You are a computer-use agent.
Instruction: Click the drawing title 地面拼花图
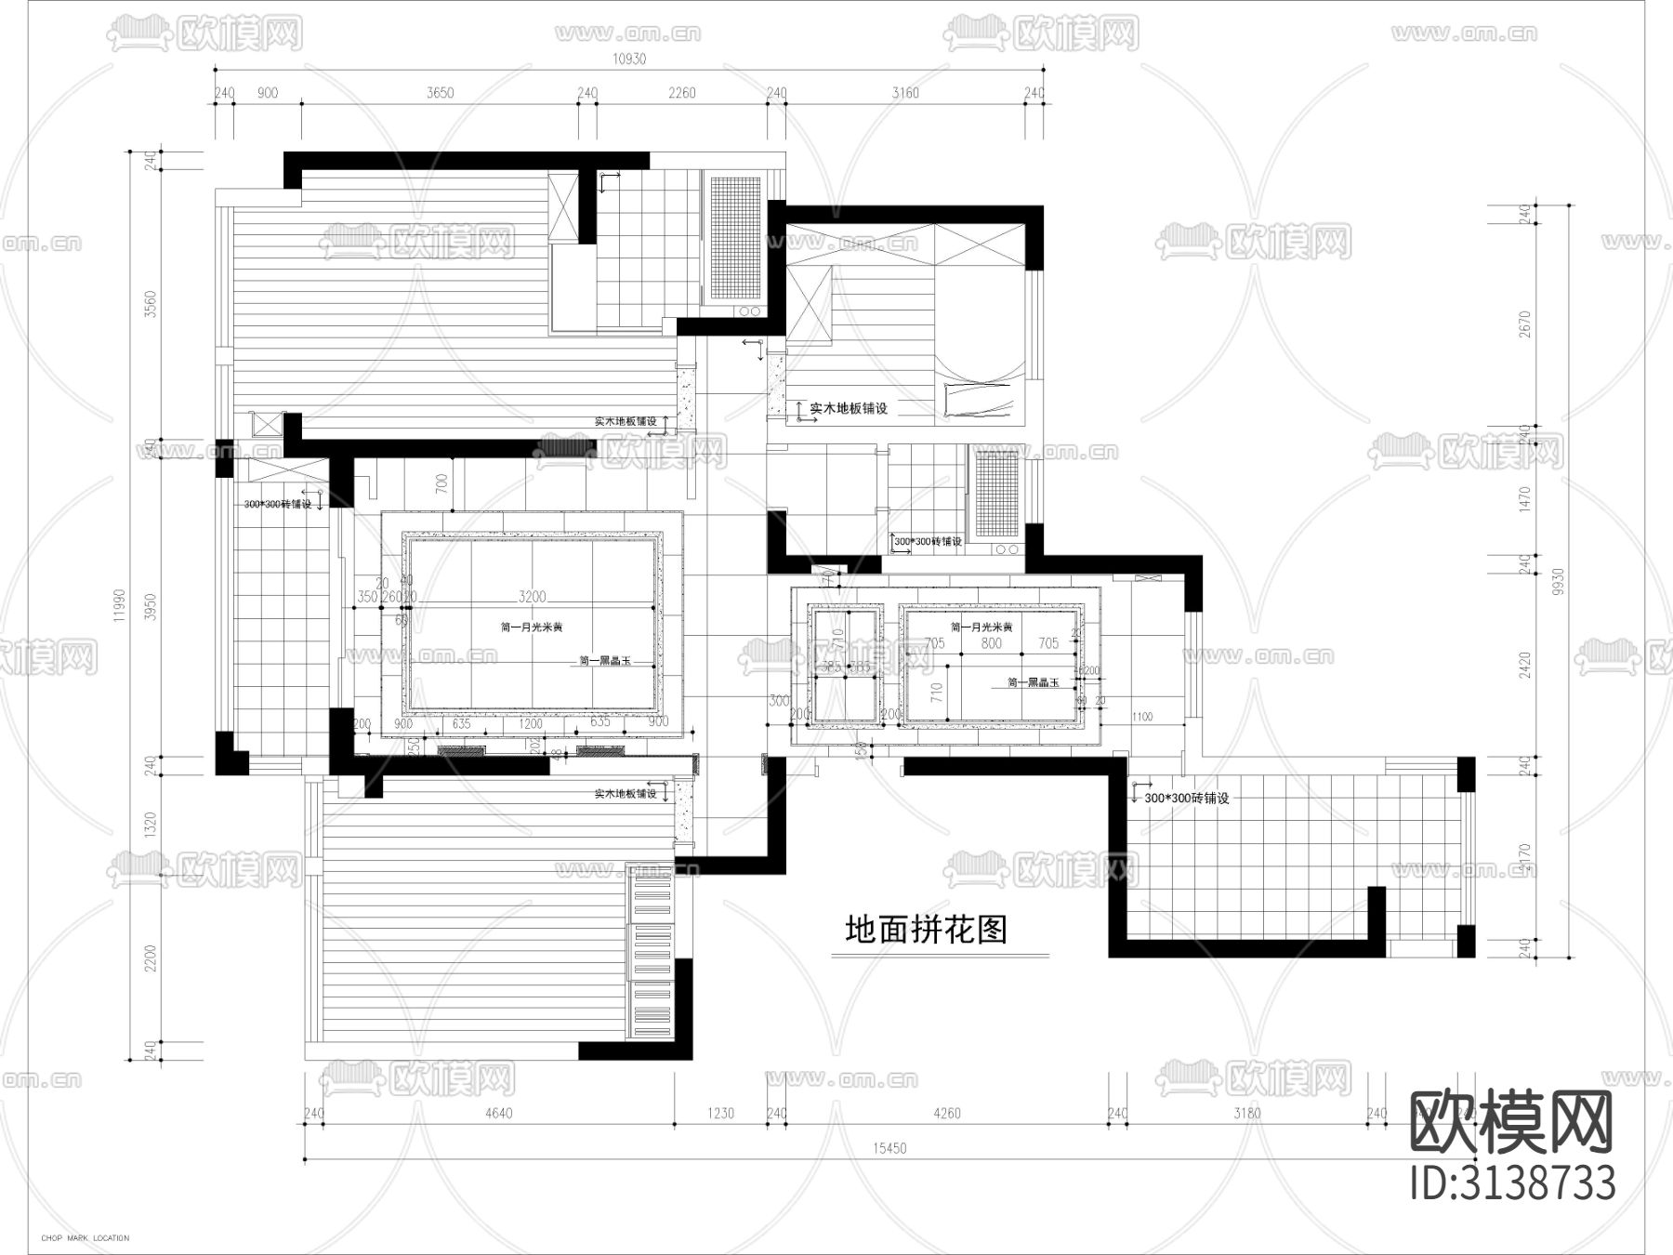(926, 930)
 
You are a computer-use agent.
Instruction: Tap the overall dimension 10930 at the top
(628, 59)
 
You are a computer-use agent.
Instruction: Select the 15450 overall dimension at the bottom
(889, 1148)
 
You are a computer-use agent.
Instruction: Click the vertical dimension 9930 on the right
(1559, 584)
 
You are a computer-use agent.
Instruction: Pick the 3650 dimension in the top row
(440, 93)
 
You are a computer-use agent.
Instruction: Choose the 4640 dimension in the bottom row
(497, 1114)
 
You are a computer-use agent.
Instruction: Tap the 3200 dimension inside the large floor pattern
(532, 596)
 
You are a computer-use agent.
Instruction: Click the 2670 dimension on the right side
(1523, 324)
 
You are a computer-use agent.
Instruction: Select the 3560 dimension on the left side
(151, 304)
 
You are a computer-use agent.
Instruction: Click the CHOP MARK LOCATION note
(86, 1238)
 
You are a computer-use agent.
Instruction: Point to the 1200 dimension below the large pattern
(531, 723)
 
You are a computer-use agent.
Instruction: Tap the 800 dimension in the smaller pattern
(991, 643)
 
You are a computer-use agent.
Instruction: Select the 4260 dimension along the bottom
(946, 1114)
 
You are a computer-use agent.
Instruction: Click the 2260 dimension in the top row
(682, 93)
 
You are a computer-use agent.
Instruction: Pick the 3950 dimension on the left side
(151, 607)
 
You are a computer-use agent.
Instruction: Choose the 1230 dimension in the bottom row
(720, 1114)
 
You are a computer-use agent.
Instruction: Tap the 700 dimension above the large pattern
(442, 482)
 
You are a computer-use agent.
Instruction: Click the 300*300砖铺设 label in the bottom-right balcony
(1186, 798)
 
